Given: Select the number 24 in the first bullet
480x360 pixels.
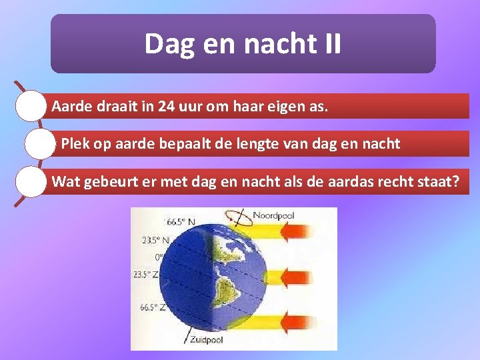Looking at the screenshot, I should click(168, 106).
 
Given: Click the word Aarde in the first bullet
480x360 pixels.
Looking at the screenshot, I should click(71, 106).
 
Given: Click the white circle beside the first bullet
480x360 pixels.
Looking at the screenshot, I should click(31, 106).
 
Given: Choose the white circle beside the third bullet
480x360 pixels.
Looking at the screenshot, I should click(31, 182).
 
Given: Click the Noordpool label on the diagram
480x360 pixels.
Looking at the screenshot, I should click(273, 215).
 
